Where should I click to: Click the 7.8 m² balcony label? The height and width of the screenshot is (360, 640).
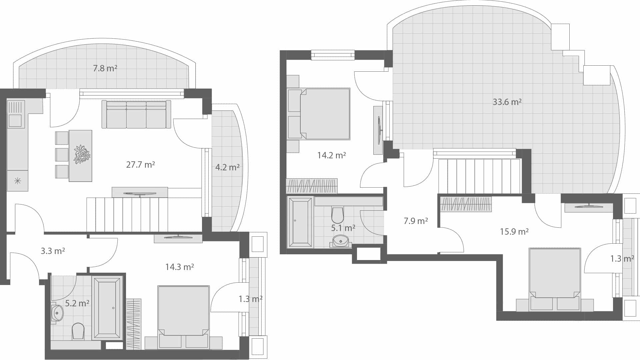pos(105,69)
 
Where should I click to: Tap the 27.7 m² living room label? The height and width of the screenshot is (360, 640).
pos(140,165)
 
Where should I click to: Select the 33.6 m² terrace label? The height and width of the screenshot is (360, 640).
pos(507,102)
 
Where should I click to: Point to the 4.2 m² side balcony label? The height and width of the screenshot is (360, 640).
pos(227,167)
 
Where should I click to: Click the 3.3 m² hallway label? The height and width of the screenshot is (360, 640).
pos(53,251)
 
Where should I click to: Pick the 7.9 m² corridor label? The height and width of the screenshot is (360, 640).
pos(416,221)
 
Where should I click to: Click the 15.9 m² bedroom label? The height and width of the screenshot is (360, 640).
pos(514,232)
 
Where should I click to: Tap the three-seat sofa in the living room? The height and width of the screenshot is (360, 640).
pos(136,115)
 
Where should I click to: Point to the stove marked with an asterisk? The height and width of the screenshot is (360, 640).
pos(17,181)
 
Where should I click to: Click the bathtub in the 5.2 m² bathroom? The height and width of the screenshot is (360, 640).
pos(107,308)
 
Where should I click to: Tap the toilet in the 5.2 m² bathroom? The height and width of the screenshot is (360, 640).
pos(78,330)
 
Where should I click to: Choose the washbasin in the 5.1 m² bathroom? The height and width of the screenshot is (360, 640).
pos(341,240)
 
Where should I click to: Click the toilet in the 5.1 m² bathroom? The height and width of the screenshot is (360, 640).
pos(337,215)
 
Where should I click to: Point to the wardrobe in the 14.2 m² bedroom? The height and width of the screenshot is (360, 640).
pos(312,186)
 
